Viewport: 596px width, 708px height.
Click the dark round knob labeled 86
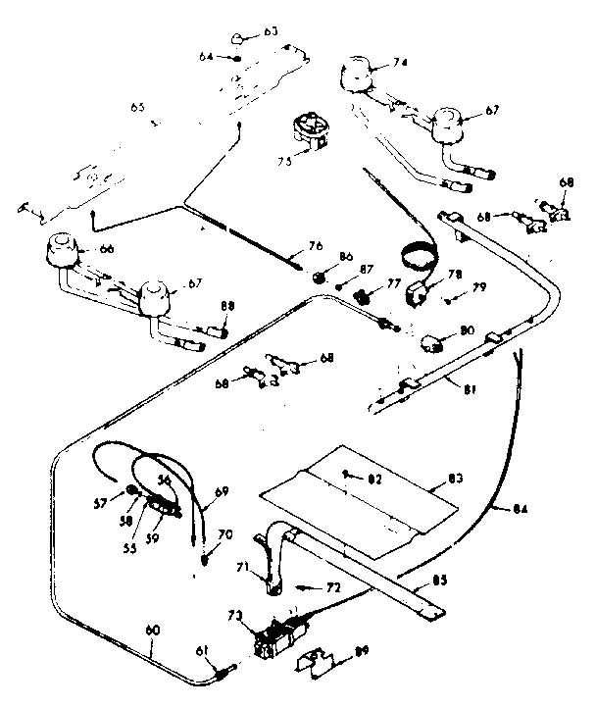click(x=319, y=277)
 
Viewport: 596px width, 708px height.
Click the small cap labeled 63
click(x=239, y=37)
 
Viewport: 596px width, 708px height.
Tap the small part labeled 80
click(x=430, y=343)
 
